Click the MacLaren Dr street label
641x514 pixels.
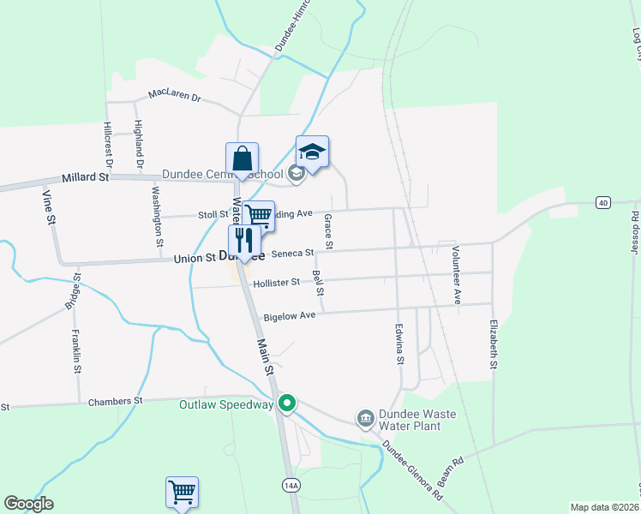coord(173,96)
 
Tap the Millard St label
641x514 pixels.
coord(86,178)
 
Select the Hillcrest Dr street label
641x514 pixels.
coord(109,143)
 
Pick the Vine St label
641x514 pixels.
coord(49,208)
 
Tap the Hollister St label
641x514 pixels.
coord(277,282)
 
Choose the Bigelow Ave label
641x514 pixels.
coord(290,316)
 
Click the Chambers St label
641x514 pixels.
coord(114,401)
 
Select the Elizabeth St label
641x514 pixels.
coord(494,345)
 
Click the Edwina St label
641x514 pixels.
coord(399,344)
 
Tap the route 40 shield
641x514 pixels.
coord(604,202)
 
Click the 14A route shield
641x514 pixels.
coord(291,486)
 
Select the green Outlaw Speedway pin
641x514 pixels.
coord(288,403)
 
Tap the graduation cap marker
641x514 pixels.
coord(313,152)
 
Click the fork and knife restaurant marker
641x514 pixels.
coord(245,241)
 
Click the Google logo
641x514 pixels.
coord(29,504)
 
